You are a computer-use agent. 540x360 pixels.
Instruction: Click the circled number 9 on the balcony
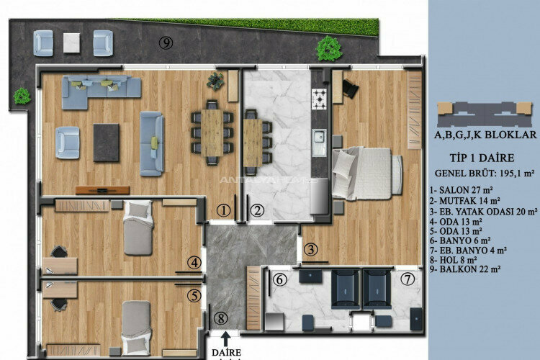(x=166, y=43)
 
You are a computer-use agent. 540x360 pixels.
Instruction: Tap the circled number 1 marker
(x=224, y=210)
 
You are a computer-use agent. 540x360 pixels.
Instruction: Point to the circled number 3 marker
(x=310, y=250)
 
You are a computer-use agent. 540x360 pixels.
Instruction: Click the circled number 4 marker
(x=194, y=262)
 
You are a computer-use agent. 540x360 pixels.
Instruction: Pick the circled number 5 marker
(x=194, y=294)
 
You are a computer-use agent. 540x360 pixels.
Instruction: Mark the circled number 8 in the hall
(x=222, y=318)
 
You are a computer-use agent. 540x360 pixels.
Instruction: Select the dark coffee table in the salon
(x=107, y=142)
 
